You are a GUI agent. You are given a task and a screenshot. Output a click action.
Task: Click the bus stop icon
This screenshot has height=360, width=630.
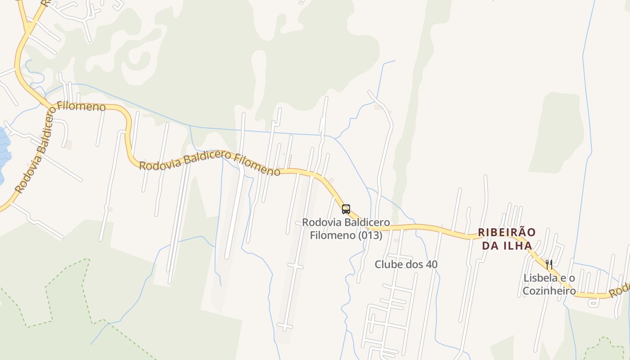pyautogui.click(x=346, y=209)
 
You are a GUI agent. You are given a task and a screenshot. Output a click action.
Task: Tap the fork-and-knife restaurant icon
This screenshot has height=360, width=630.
pyautogui.click(x=549, y=264)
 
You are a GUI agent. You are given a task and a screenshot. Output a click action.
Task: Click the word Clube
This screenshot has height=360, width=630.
pyautogui.click(x=388, y=264)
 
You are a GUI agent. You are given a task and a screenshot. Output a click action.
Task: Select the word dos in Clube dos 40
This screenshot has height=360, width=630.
pyautogui.click(x=414, y=264)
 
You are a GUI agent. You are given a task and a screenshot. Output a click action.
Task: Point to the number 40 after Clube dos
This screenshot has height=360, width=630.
pyautogui.click(x=431, y=264)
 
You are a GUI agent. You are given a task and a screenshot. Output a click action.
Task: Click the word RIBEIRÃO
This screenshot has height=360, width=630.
pyautogui.click(x=507, y=233)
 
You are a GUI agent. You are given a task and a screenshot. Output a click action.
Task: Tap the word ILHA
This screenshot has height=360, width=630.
pyautogui.click(x=517, y=246)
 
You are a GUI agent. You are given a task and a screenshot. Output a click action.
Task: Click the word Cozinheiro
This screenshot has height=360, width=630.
pyautogui.click(x=549, y=291)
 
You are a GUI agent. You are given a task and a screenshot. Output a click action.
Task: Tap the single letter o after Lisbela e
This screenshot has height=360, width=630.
pyautogui.click(x=571, y=278)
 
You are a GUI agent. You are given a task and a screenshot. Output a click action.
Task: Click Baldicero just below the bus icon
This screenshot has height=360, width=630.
pyautogui.click(x=367, y=222)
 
